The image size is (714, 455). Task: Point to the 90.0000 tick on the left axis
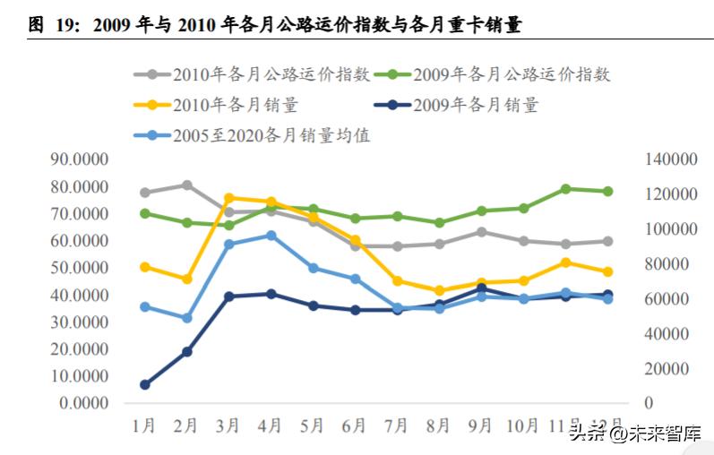pos(82,160)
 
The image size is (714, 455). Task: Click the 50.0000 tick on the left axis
pos(82,268)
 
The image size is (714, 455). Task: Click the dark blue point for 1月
pos(145,384)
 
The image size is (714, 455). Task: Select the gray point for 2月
pos(187,185)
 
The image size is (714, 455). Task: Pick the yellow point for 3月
pos(229,198)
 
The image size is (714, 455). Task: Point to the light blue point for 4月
pos(271,236)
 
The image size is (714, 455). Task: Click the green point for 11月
pos(566,189)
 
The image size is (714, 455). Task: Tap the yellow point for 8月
pos(440,291)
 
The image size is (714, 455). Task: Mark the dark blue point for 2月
pos(187,352)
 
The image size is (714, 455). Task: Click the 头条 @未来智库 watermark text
pos(637,434)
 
